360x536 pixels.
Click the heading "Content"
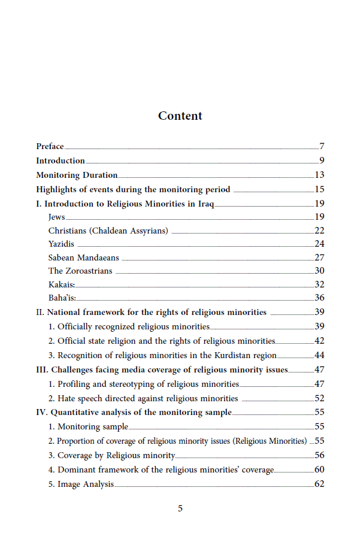[x=180, y=116]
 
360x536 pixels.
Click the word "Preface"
[x=50, y=146]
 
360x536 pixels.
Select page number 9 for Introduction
[x=321, y=161]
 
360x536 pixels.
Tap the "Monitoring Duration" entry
[x=77, y=175]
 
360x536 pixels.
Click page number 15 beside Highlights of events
[x=319, y=189]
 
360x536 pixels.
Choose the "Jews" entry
[x=56, y=217]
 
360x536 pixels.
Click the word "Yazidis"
[x=61, y=244]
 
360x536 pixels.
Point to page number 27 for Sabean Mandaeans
[x=319, y=258]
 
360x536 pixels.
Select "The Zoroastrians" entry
[x=80, y=271]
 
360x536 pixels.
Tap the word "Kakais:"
[x=62, y=284]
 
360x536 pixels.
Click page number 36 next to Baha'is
[x=319, y=298]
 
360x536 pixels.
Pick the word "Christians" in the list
[x=68, y=231]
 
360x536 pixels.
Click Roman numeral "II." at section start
[x=40, y=312]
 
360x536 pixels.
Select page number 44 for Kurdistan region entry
[x=319, y=355]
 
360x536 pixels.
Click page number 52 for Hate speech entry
[x=319, y=398]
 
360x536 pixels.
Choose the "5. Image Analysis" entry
[x=81, y=484]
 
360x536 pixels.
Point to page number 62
[x=319, y=484]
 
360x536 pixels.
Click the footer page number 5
[x=180, y=508]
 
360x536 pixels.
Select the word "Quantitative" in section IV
[x=75, y=412]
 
